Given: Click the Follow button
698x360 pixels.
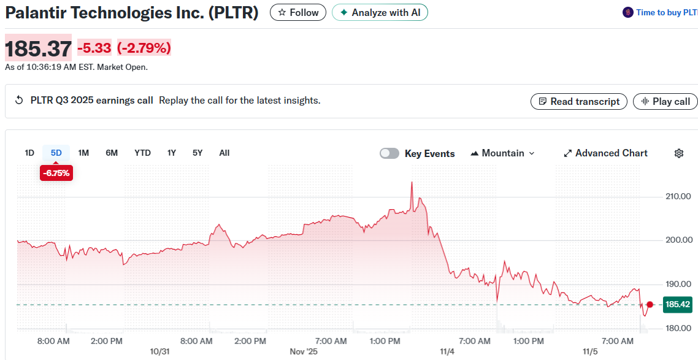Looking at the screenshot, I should click(298, 12).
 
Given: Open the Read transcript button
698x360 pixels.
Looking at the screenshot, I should click(578, 101).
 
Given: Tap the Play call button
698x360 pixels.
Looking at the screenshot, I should click(665, 101).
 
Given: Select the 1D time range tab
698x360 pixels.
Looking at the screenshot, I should click(29, 153).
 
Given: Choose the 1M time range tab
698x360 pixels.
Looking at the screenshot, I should click(83, 153).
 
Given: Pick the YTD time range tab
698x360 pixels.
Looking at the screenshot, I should click(142, 153).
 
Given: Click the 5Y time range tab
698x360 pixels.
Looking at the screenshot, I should click(197, 153).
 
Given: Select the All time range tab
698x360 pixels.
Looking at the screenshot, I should click(224, 153).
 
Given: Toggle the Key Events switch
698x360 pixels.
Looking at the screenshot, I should click(389, 153).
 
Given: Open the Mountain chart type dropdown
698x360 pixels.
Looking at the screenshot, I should click(502, 153).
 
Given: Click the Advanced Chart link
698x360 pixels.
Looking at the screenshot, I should click(605, 153).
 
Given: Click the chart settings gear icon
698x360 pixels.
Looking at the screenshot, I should click(679, 153).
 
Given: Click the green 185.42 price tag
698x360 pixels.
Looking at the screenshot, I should click(677, 304).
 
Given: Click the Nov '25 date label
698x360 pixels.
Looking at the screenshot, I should click(304, 351).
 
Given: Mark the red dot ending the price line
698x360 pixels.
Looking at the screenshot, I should click(650, 304).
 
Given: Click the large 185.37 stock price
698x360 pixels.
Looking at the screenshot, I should click(38, 48).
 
